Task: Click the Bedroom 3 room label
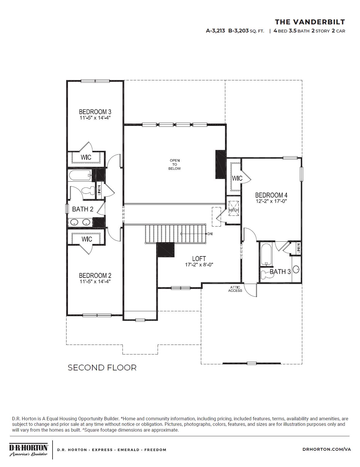[95, 112]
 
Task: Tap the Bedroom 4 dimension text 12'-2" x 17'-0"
[271, 201]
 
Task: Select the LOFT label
[199, 258]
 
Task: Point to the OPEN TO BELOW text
[174, 164]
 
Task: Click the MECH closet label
[234, 210]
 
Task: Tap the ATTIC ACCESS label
[235, 289]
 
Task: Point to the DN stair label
[210, 234]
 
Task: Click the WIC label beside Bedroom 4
[237, 178]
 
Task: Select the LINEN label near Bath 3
[298, 248]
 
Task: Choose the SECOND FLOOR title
[102, 368]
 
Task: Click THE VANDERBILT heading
[310, 22]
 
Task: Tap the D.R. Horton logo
[28, 450]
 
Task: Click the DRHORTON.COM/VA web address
[327, 449]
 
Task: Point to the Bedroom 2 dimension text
[95, 281]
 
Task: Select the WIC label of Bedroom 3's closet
[86, 157]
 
